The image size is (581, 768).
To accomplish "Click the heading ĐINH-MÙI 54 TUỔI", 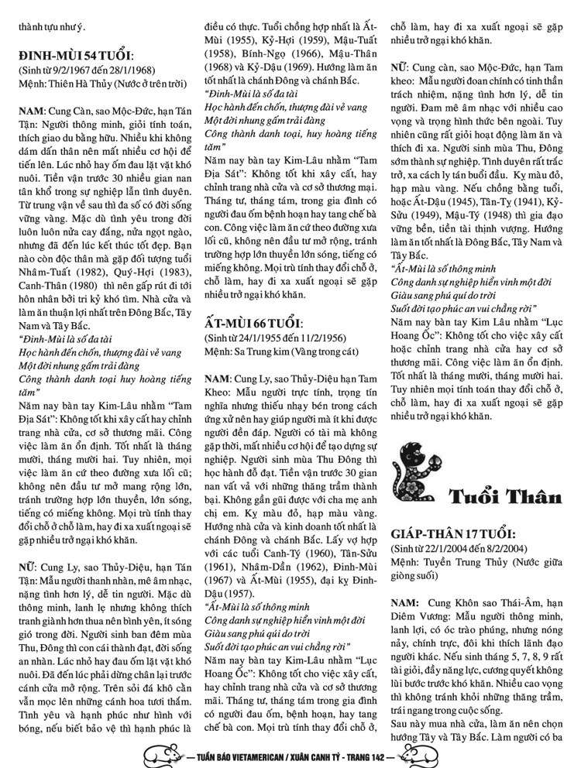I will pos(77,56).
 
